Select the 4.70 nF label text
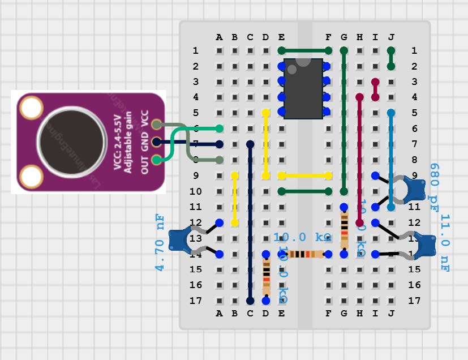coord(160,242)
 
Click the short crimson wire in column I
coord(375,90)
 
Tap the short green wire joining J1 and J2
coord(390,59)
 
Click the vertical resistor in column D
coord(266,277)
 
